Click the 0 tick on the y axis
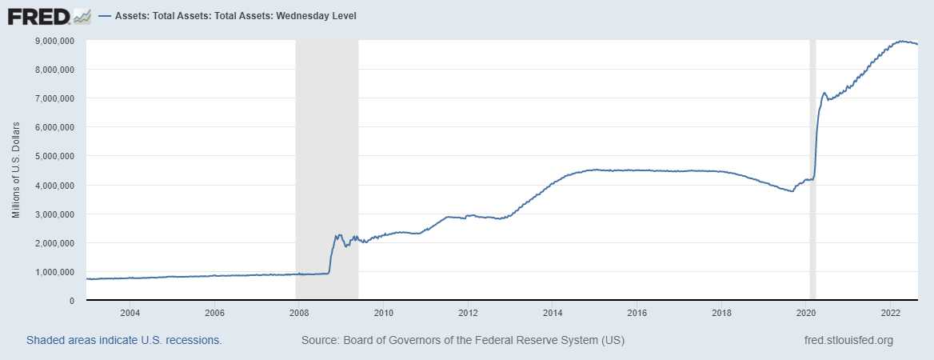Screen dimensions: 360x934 pyautogui.click(x=71, y=301)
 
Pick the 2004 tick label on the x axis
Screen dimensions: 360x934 pyautogui.click(x=130, y=313)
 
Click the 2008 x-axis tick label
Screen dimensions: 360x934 pyautogui.click(x=298, y=313)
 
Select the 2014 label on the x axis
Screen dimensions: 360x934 pyautogui.click(x=553, y=313)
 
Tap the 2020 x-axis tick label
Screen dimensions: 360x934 pyautogui.click(x=806, y=313)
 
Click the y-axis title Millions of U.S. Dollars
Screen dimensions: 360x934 pyautogui.click(x=16, y=170)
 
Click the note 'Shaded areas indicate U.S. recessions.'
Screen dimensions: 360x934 pyautogui.click(x=124, y=340)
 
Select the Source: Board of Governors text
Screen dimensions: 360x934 pyautogui.click(x=463, y=340)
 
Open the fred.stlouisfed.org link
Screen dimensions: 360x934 pyautogui.click(x=848, y=340)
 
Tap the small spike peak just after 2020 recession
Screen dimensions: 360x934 pyautogui.click(x=824, y=93)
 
